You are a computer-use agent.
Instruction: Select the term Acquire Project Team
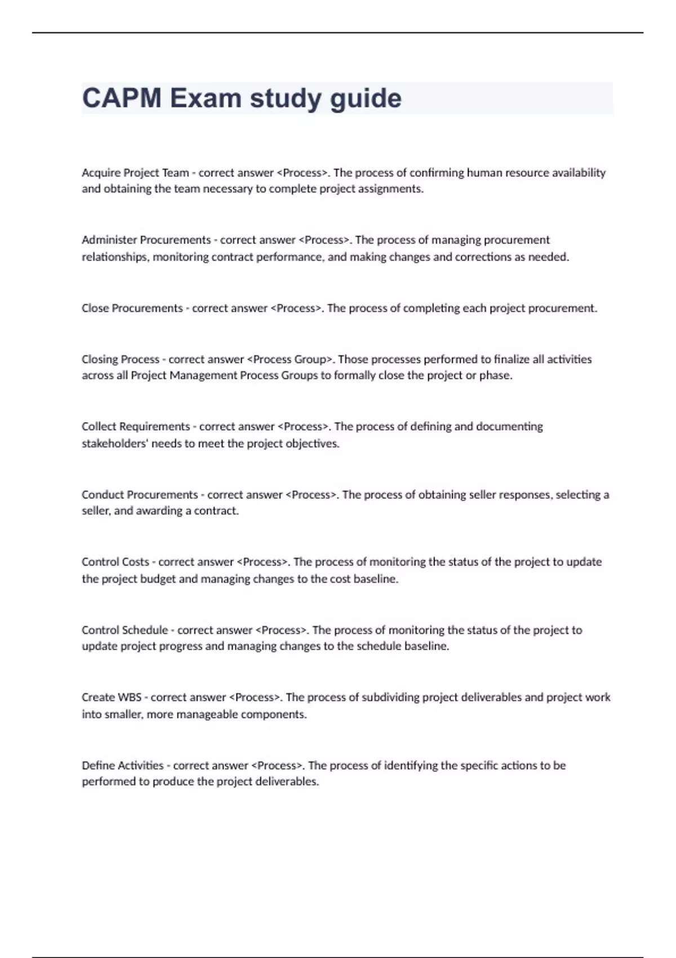(x=135, y=173)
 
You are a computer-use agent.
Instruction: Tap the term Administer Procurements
(x=146, y=240)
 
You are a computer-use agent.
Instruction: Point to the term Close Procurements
(x=132, y=308)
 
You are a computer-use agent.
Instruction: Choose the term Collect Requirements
(x=136, y=427)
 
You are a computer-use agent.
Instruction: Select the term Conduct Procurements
(x=140, y=495)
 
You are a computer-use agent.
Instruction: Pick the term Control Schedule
(x=124, y=630)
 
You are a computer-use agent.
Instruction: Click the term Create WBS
(x=112, y=697)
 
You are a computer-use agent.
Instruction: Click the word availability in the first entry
(x=579, y=173)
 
